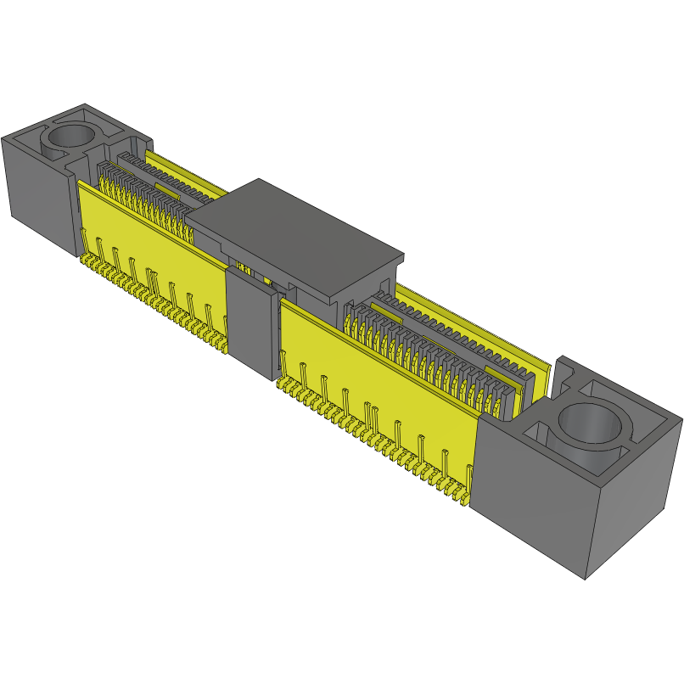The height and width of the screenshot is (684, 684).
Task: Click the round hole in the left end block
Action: point(73,136)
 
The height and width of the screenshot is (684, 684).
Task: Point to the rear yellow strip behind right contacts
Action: point(475,327)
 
